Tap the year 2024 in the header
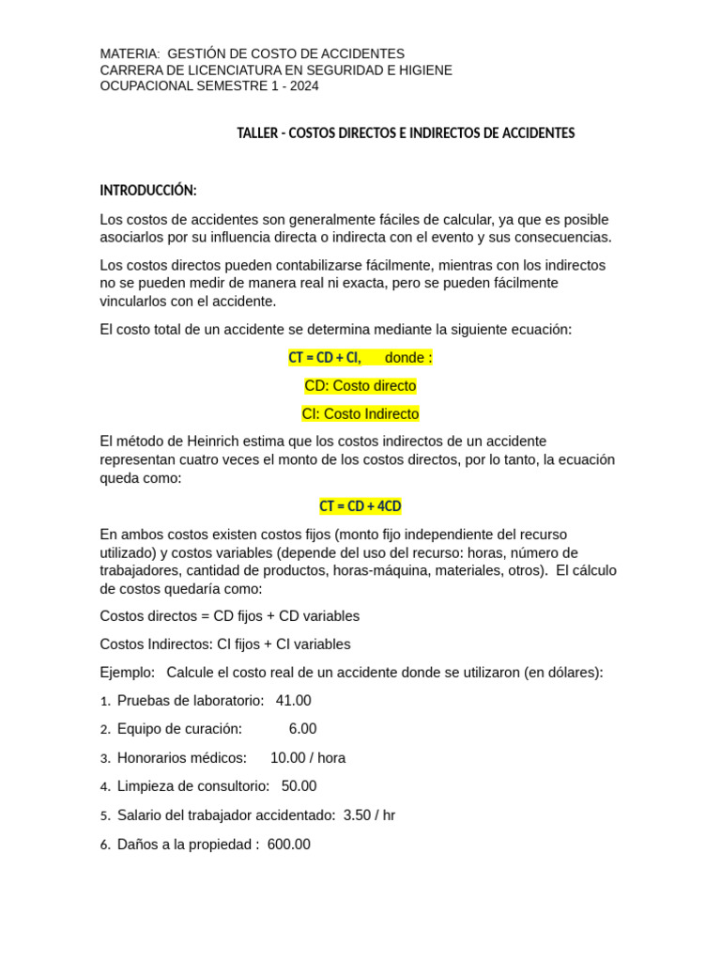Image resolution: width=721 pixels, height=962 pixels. click(x=304, y=85)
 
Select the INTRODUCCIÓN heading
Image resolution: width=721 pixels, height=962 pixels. click(x=148, y=191)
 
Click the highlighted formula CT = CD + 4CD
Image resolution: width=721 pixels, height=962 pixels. click(x=360, y=506)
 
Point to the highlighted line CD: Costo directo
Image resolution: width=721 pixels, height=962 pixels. click(x=360, y=386)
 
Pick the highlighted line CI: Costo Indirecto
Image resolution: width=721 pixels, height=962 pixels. click(x=360, y=414)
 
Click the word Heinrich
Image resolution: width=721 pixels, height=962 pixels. click(x=211, y=442)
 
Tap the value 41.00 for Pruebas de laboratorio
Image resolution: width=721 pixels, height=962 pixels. click(x=294, y=701)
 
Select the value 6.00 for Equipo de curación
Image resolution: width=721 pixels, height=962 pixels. click(x=303, y=729)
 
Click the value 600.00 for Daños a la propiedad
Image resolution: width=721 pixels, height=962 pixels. click(x=289, y=845)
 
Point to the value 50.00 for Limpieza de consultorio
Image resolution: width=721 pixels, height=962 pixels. click(x=299, y=786)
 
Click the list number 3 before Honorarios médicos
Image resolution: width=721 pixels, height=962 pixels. click(x=105, y=758)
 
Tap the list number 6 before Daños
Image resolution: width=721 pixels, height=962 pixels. click(x=105, y=846)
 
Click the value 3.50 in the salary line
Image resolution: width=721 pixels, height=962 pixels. click(x=358, y=815)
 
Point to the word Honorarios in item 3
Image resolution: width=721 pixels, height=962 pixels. click(x=150, y=758)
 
